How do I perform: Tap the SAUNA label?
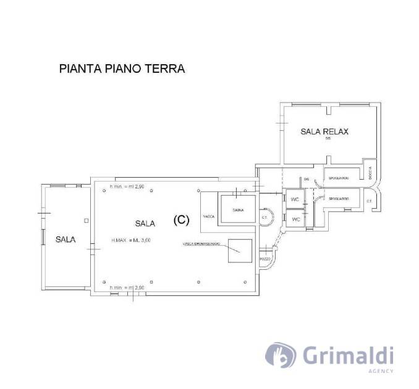coord(238,210)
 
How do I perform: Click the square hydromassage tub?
coord(240,251)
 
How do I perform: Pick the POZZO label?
coord(265,259)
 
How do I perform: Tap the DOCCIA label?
coord(370,176)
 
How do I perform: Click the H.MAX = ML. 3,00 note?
coord(131,240)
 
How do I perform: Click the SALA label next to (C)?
coord(145,222)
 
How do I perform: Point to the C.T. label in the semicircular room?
coord(264,216)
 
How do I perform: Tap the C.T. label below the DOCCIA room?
coord(368,201)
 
